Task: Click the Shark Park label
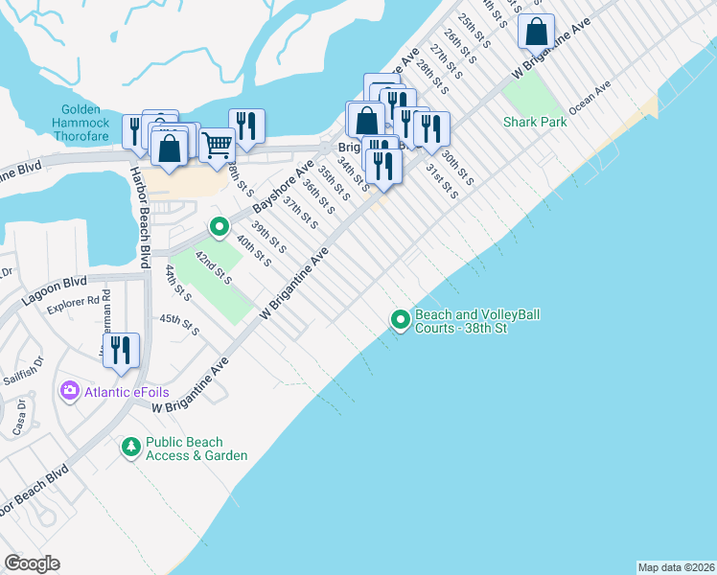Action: point(535,122)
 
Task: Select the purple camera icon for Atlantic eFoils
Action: point(69,390)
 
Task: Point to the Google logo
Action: point(32,563)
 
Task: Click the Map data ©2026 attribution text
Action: point(676,567)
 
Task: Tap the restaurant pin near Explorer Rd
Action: point(121,350)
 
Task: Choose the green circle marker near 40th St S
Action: point(219,227)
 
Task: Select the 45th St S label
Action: point(179,325)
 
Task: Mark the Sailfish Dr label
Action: point(25,370)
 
